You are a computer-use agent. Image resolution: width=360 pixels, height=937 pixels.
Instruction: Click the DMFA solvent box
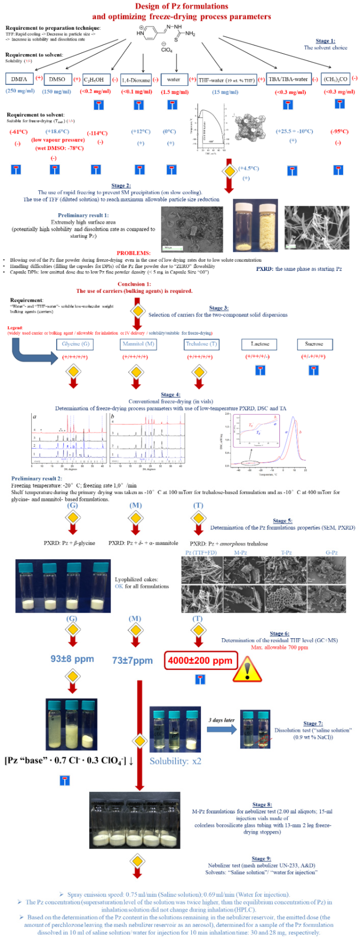click(19, 79)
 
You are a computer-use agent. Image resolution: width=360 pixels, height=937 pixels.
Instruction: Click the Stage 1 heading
click(325, 41)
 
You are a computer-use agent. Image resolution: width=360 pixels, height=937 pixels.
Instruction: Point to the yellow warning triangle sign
click(247, 669)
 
